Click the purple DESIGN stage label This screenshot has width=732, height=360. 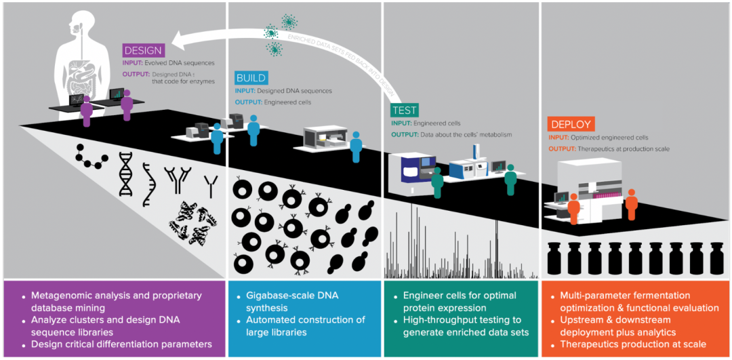(x=142, y=50)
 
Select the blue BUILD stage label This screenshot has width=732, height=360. (x=251, y=78)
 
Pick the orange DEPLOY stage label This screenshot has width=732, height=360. (x=571, y=125)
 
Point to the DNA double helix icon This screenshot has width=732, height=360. (x=125, y=174)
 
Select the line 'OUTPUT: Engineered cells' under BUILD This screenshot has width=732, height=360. (x=273, y=102)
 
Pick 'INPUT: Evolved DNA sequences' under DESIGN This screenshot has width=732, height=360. (x=169, y=63)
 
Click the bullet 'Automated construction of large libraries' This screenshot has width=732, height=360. (x=305, y=325)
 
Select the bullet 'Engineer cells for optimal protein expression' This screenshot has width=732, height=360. (x=459, y=302)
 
